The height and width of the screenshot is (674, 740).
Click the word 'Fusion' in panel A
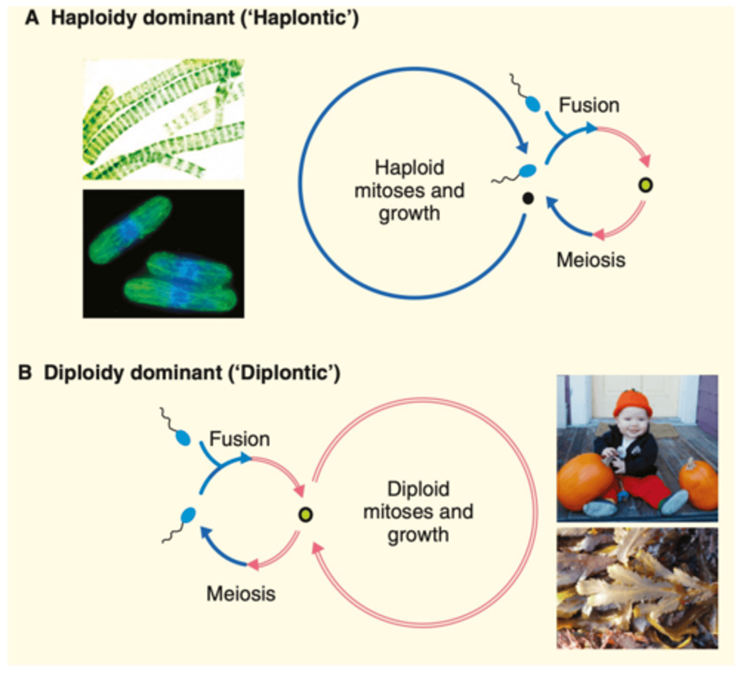coord(588,105)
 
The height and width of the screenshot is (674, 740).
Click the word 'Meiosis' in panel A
coord(591,260)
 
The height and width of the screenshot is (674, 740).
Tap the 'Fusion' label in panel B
coord(239,439)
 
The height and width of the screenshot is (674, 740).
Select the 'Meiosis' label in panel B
coord(241,594)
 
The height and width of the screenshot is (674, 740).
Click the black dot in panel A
coord(527,198)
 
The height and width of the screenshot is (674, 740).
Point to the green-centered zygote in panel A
coord(646,185)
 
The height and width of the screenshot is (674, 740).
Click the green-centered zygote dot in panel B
coord(305,514)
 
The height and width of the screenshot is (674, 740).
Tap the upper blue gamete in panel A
coord(532,104)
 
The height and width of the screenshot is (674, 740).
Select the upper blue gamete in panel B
coord(183,437)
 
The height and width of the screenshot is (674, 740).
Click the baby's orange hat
coord(632,404)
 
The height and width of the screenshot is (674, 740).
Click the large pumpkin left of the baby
coord(585,482)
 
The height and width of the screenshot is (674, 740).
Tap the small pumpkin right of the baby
coord(699,484)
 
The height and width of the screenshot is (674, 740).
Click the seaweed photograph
coord(637,588)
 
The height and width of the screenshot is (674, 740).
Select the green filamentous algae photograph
coord(163,119)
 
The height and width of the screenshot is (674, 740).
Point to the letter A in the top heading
coord(32,18)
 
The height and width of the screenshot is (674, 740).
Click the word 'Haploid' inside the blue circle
coord(409,167)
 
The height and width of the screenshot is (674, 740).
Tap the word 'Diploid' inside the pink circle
coord(418,489)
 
